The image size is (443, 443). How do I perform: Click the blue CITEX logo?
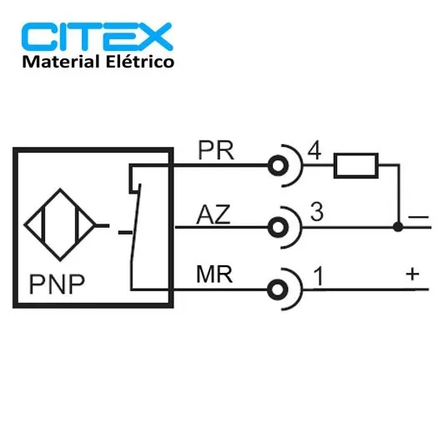pos(97,37)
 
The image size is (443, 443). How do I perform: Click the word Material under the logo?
pos(61,62)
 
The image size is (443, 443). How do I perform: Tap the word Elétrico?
pos(140,61)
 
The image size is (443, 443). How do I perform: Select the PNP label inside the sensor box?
pos(57,284)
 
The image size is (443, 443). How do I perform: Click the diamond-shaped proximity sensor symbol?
pos(60,225)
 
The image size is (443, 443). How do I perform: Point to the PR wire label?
pos(216,150)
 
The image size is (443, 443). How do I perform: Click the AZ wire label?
pos(213,214)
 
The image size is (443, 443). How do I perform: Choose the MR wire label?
pos(214,274)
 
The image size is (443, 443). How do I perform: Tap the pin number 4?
pos(315,151)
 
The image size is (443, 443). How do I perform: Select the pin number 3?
pos(317,212)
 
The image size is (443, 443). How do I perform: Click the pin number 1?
pos(319,277)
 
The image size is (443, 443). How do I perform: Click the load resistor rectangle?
pos(356,165)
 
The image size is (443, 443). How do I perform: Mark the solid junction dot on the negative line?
pos(398,227)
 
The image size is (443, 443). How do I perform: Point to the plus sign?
pos(412,274)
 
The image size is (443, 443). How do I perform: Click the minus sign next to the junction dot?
pos(418,217)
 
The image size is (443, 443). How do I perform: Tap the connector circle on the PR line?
pos(278,165)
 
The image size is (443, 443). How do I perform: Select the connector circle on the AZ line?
pos(278,228)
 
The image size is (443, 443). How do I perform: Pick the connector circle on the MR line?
pos(278,289)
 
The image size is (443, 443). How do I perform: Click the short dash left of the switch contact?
pos(125,233)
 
